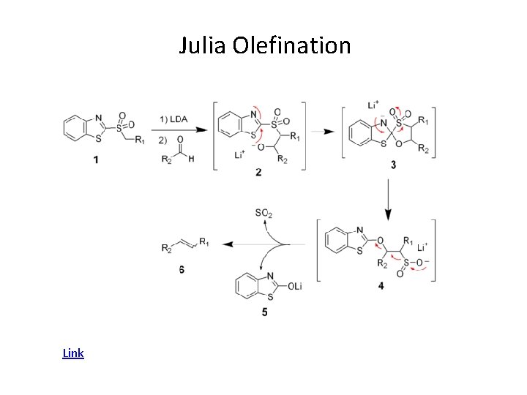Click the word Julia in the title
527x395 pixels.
click(203, 45)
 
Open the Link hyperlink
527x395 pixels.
click(73, 353)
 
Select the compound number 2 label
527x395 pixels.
click(258, 173)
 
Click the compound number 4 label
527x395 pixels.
click(381, 286)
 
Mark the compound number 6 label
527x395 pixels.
click(181, 269)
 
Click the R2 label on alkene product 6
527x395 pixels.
click(167, 248)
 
